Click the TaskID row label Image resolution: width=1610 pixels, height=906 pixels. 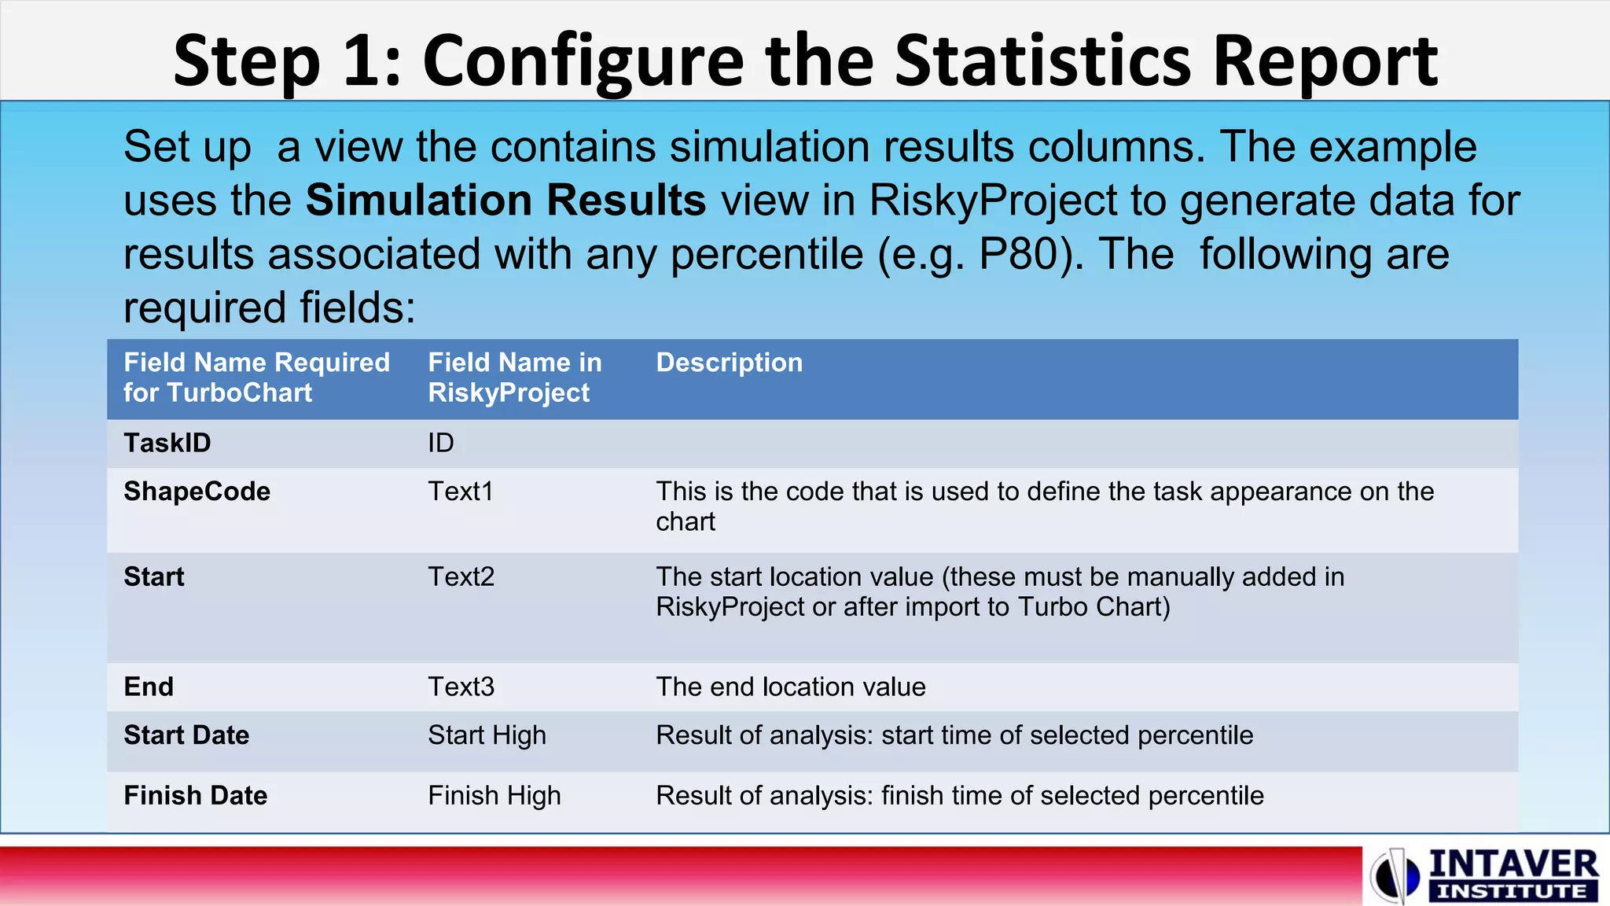(x=167, y=443)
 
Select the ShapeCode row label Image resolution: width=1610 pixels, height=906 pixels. (x=197, y=492)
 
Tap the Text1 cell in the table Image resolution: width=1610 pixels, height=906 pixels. (x=461, y=492)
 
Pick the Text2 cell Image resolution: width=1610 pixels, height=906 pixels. (x=461, y=577)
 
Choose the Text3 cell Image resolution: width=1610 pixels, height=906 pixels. (x=461, y=687)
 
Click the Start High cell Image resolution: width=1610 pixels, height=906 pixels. (x=487, y=735)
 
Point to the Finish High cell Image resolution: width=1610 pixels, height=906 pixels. (x=494, y=796)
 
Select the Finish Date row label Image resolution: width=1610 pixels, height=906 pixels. (x=196, y=796)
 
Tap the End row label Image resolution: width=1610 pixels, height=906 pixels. (x=149, y=687)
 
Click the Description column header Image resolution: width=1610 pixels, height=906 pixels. (x=730, y=363)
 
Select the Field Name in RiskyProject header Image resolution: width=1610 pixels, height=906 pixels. (x=515, y=377)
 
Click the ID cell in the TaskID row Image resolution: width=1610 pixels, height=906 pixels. (x=441, y=443)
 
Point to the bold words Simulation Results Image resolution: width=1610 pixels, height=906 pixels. (x=505, y=200)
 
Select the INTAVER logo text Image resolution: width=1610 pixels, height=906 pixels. (x=1513, y=864)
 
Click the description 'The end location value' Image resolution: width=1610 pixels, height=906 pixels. (x=791, y=687)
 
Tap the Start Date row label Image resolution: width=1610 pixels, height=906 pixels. (x=186, y=735)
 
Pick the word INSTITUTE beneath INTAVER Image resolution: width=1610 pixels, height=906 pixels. (x=1512, y=892)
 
